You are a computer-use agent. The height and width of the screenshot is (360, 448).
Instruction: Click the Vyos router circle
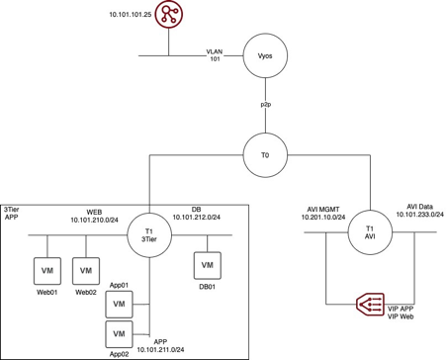(264, 57)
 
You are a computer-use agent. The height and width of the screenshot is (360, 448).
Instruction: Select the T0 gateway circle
(264, 154)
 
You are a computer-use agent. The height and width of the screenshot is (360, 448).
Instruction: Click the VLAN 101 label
(215, 54)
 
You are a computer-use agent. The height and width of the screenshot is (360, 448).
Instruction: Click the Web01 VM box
(45, 269)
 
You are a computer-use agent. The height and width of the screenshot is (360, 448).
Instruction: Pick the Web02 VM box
(86, 269)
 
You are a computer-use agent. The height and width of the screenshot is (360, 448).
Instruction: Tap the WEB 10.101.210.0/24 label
(96, 216)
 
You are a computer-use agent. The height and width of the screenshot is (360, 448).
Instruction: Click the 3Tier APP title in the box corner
(14, 212)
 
